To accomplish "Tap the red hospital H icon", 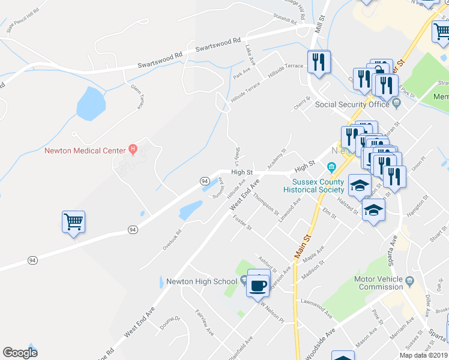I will tap(133, 149).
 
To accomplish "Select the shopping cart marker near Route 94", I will tap(73, 222).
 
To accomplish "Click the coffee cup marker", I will tap(259, 285).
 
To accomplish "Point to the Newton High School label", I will tap(202, 281).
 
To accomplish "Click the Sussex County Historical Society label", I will tap(318, 185).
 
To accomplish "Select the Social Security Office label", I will tap(352, 104).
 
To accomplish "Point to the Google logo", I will tap(20, 353).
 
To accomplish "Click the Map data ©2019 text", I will tap(424, 355).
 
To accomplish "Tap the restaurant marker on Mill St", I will tap(317, 62).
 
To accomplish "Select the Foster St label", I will tap(243, 227).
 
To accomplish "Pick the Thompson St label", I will tap(266, 204).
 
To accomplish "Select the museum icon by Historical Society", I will tap(331, 167).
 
